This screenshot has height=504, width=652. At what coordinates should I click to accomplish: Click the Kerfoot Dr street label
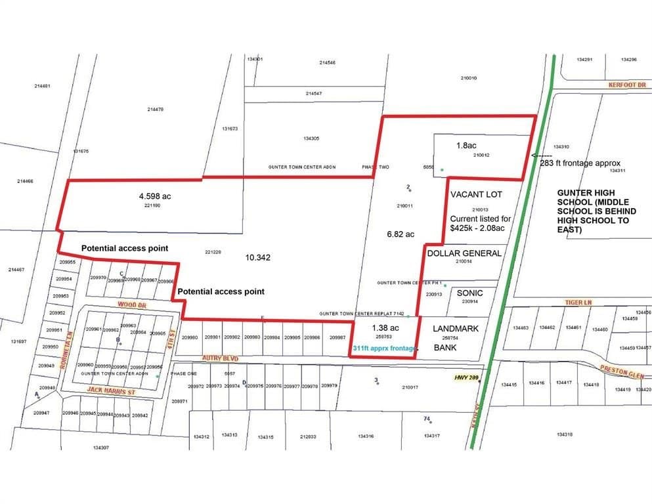[627, 85]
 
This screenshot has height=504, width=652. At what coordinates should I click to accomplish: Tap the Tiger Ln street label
[578, 303]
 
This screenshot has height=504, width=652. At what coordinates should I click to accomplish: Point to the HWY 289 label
[467, 377]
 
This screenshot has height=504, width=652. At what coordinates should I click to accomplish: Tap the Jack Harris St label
[110, 391]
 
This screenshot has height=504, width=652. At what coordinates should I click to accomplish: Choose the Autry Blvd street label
[212, 359]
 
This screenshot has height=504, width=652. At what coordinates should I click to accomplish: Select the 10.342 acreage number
[259, 257]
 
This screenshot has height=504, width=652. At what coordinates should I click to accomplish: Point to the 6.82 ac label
[401, 234]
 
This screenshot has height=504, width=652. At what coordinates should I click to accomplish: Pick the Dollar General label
[464, 253]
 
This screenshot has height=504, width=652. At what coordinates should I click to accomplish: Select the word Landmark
[455, 328]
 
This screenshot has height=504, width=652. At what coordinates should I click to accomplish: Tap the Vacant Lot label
[476, 194]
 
